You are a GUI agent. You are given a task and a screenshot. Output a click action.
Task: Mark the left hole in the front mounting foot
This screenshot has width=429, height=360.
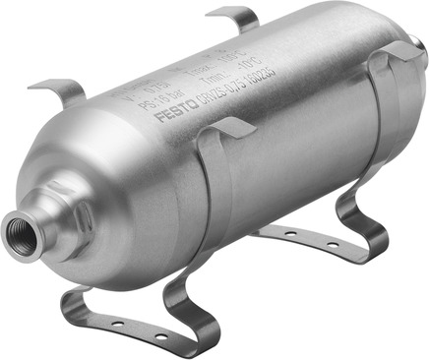tap(115, 321)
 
